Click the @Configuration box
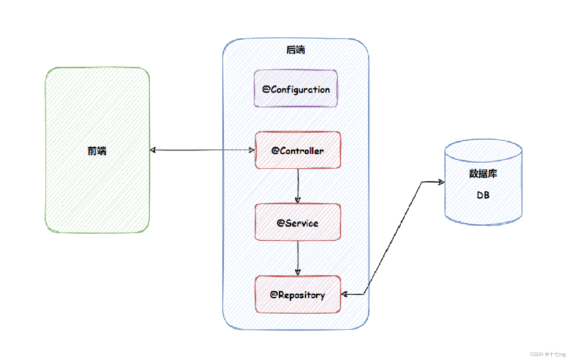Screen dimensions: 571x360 [296, 88]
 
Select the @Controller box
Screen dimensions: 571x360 [298, 150]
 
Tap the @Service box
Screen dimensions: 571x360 [298, 222]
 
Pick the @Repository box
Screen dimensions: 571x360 [298, 294]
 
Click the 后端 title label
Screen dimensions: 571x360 [296, 50]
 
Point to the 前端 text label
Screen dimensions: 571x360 [97, 151]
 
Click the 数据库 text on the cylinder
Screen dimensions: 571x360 [483, 174]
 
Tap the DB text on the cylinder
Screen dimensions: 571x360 [483, 195]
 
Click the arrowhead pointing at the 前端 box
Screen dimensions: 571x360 [153, 150]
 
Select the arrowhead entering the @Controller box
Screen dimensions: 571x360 [252, 150]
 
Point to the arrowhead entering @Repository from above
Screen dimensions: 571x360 [298, 272]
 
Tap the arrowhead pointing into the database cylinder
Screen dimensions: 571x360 [441, 182]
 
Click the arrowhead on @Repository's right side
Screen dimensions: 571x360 [344, 294]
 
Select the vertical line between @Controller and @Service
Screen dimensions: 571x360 [298, 185]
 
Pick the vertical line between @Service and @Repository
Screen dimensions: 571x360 [298, 258]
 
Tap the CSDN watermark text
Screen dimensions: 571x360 [548, 354]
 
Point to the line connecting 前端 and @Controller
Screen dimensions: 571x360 [202, 150]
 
